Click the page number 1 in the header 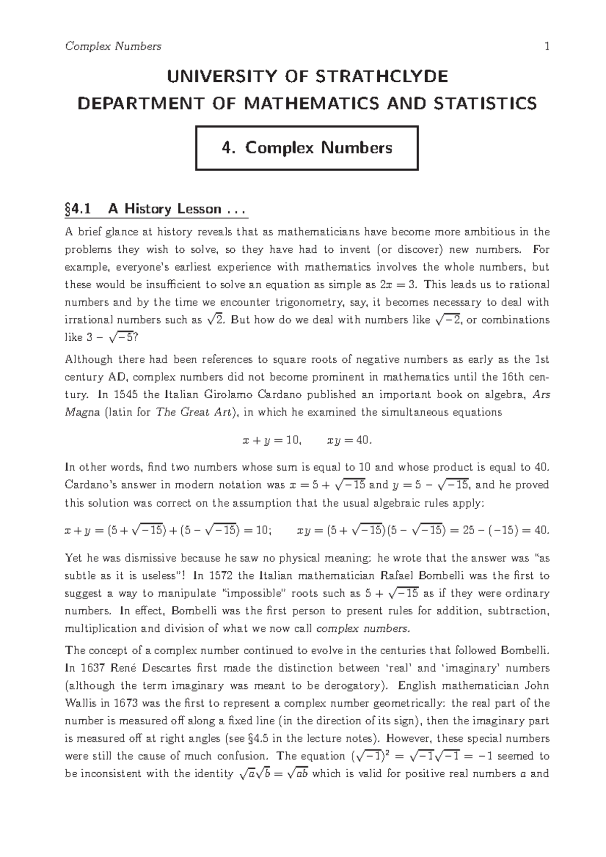(x=546, y=46)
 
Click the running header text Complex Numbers (x=113, y=46)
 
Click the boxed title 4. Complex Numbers (x=307, y=148)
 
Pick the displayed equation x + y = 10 (x=272, y=440)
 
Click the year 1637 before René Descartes (x=92, y=668)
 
